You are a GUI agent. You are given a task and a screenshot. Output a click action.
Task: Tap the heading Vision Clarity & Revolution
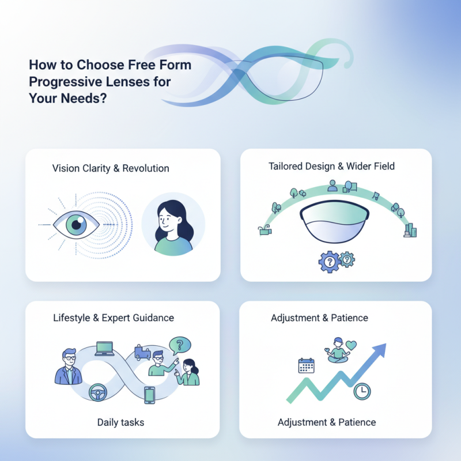pos(111,168)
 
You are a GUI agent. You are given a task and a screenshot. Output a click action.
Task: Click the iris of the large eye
pos(74,224)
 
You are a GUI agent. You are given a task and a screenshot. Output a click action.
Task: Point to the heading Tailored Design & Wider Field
pos(331,167)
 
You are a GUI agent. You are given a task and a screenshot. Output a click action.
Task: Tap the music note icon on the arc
pos(375,196)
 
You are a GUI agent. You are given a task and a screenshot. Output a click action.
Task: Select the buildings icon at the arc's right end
pos(411,231)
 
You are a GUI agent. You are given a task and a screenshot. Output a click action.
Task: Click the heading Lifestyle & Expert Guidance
pos(114,318)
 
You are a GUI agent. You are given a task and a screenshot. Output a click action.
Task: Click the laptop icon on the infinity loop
pos(105,349)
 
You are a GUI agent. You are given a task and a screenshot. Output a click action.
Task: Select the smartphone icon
pos(150,395)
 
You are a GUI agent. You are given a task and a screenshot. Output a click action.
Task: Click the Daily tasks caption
pos(120,422)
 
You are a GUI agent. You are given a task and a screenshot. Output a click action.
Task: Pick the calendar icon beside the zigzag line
pos(306,365)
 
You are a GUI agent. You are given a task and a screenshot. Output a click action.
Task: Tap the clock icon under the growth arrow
pos(362,392)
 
